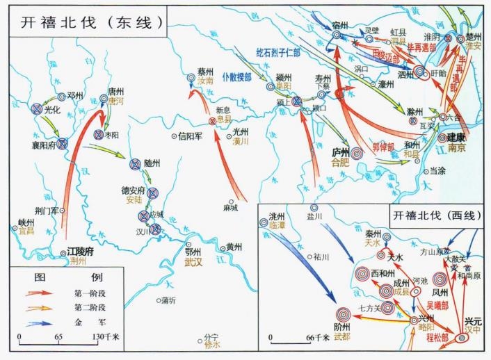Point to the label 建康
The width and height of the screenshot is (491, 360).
[x=456, y=137]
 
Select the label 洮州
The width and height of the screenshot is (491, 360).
[x=267, y=215]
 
